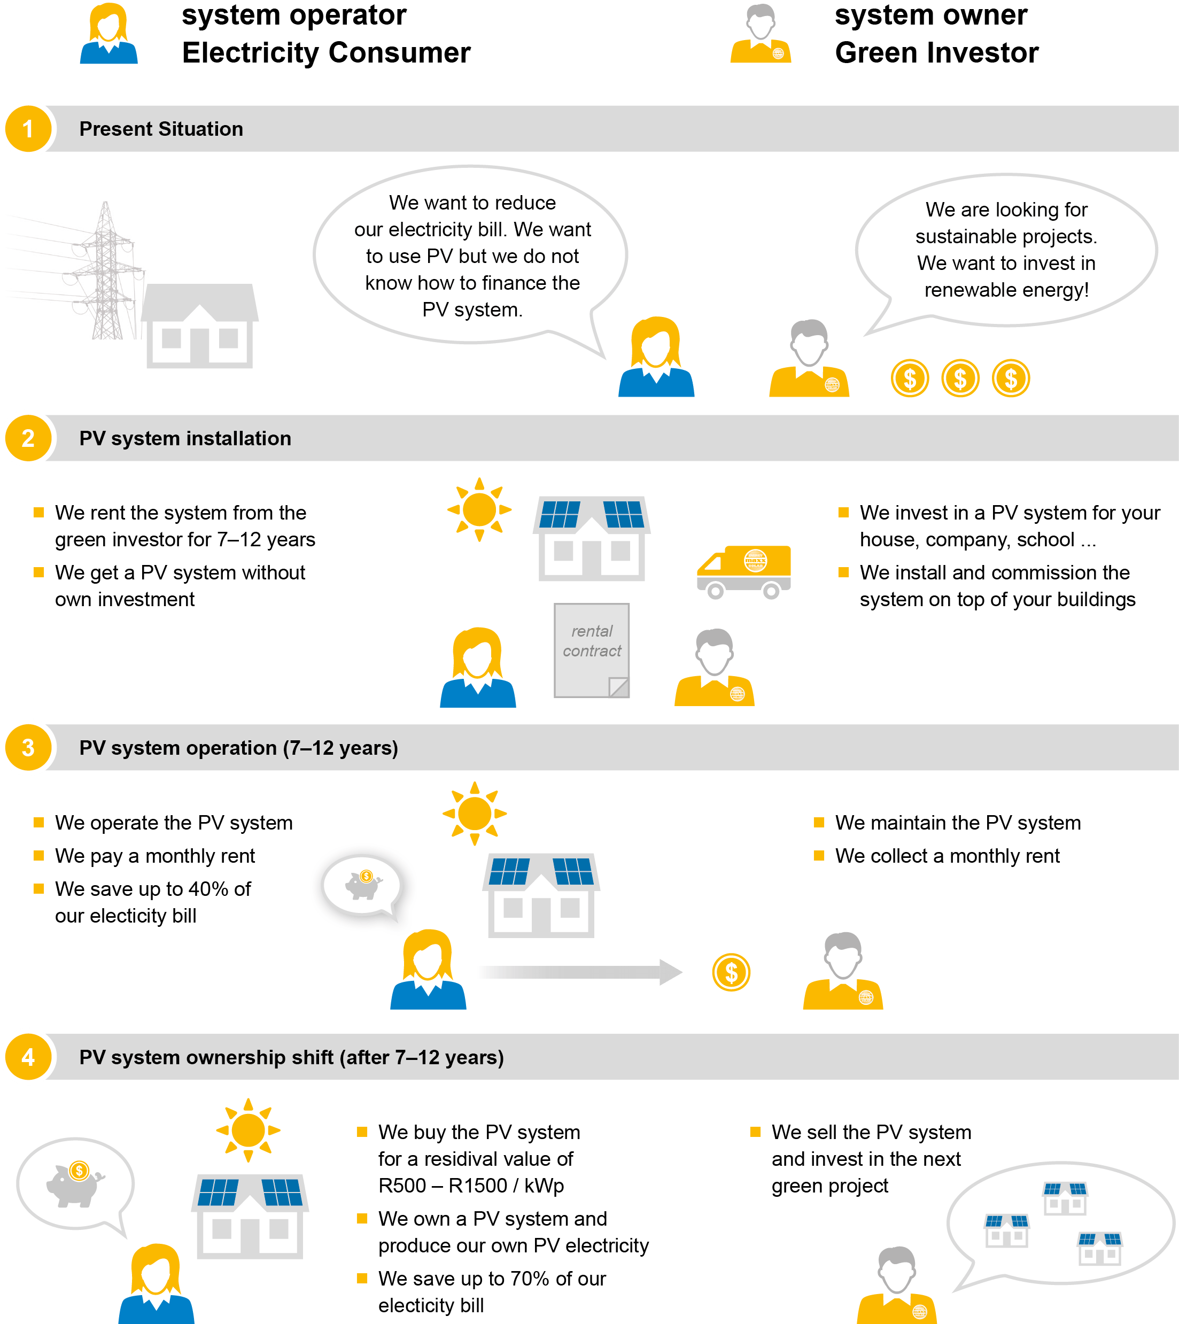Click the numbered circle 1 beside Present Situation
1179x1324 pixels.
(x=28, y=129)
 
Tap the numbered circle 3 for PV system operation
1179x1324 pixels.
(x=28, y=747)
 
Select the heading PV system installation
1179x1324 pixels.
(x=185, y=438)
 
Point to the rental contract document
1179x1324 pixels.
(x=592, y=651)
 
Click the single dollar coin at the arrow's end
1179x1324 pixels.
(x=731, y=972)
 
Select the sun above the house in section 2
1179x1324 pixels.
(x=479, y=510)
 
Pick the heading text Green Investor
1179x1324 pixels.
(x=937, y=52)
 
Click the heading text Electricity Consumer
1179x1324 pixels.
(x=326, y=52)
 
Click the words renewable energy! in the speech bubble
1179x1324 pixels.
(x=1006, y=290)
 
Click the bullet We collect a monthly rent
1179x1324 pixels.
(x=947, y=856)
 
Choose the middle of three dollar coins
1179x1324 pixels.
(x=960, y=378)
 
